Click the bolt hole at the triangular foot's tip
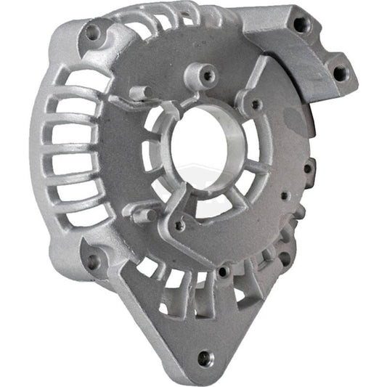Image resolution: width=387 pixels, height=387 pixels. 204,357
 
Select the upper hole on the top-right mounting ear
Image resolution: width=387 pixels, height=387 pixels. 299,24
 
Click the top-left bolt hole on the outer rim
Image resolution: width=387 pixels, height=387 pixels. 91,32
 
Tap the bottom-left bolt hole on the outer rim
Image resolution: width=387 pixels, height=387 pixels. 93,259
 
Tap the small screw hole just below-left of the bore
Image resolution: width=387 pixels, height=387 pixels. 179,226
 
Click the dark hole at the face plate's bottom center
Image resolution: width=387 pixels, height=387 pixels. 221,272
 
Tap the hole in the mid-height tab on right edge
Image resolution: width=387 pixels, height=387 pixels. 309,171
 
